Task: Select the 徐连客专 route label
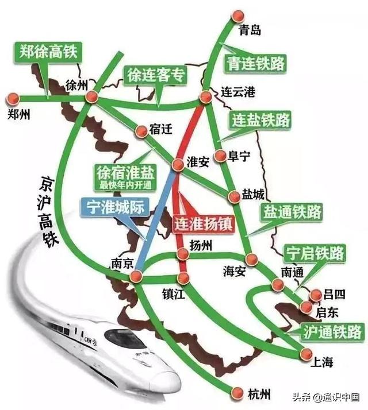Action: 155,75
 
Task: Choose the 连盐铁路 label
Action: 261,120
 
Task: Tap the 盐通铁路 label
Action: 292,211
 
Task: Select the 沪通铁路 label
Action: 332,331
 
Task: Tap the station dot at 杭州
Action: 237,393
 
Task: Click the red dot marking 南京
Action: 136,277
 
